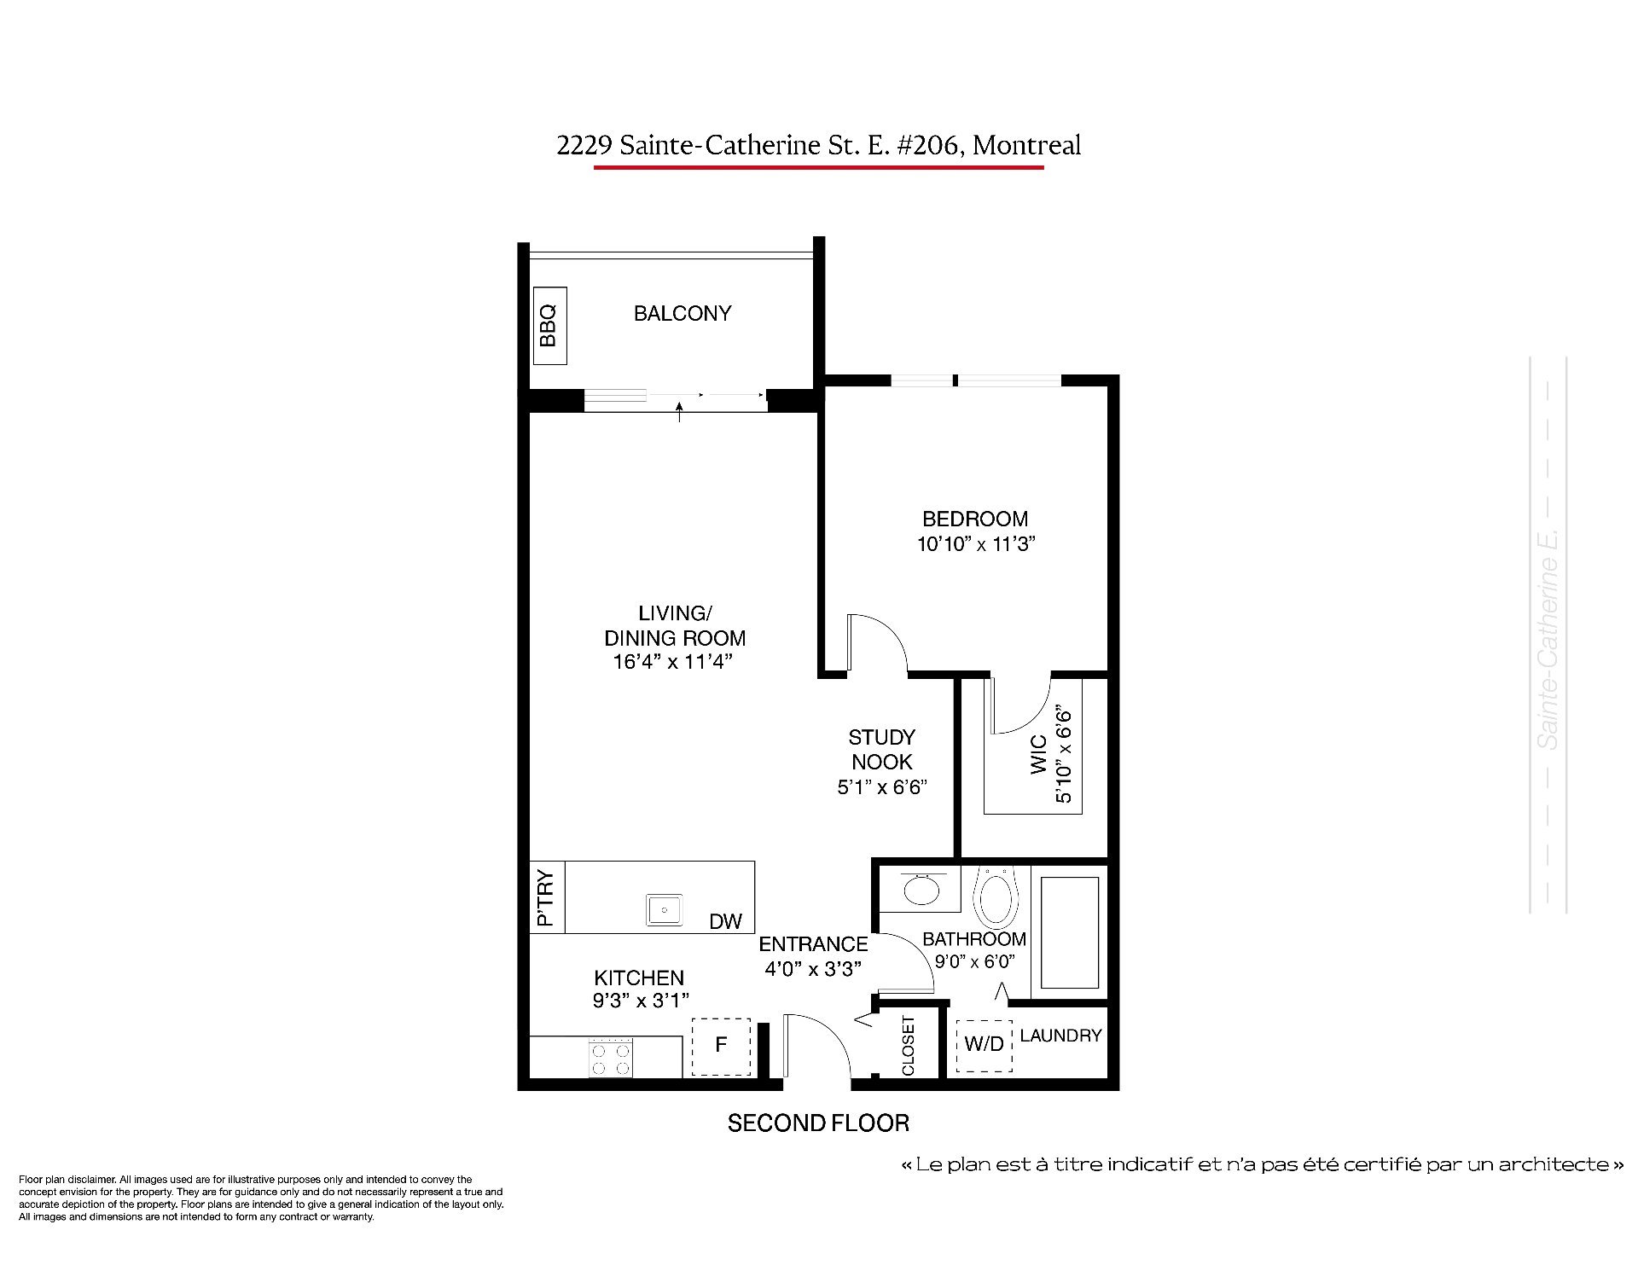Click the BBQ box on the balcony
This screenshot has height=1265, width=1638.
(x=549, y=326)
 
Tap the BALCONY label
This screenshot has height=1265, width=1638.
(x=682, y=314)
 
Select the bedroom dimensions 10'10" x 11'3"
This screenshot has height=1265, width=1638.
(x=976, y=544)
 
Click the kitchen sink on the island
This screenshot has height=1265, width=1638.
(x=664, y=910)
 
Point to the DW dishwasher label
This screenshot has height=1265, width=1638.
(x=725, y=921)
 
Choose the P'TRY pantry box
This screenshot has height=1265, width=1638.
(x=547, y=897)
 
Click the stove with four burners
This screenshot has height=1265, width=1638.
(x=610, y=1058)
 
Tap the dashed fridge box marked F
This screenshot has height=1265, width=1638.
(x=721, y=1047)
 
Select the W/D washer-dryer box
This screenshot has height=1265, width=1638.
(x=984, y=1046)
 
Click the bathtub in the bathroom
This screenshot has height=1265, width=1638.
(x=1069, y=931)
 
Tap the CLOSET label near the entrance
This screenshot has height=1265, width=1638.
(x=908, y=1046)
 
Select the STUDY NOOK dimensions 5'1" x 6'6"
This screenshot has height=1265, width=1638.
(x=882, y=786)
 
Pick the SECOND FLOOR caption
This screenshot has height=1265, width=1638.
(x=818, y=1123)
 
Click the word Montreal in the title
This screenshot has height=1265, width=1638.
(x=1027, y=146)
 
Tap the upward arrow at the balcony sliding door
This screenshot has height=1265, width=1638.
(x=679, y=413)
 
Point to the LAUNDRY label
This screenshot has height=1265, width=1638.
(x=1061, y=1036)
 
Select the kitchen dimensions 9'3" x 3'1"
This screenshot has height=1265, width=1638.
(x=641, y=1000)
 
